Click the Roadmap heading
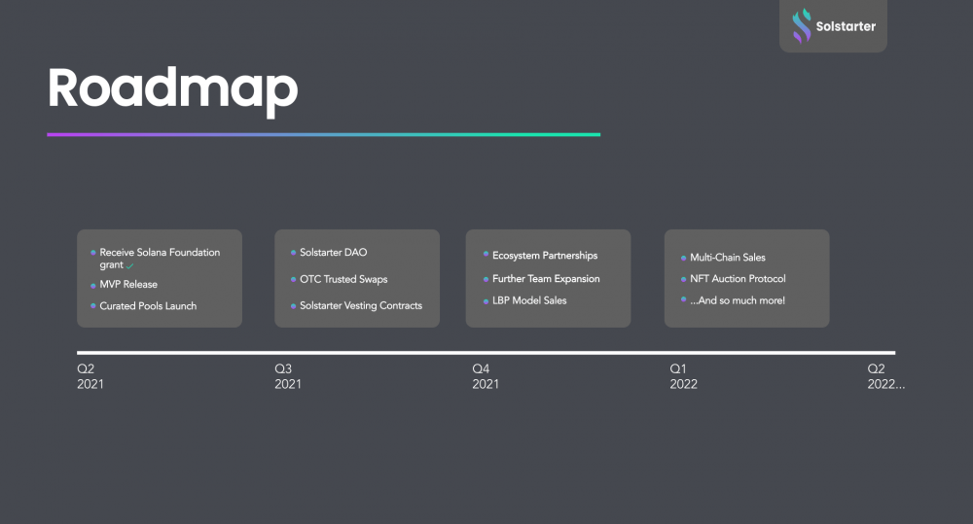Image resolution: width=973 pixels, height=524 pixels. (x=172, y=90)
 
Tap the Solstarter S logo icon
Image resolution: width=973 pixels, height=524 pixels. (x=801, y=26)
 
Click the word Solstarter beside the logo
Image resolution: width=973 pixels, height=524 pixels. (x=846, y=26)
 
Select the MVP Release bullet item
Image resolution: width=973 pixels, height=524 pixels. (x=128, y=285)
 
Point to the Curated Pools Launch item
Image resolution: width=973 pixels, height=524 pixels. (x=148, y=306)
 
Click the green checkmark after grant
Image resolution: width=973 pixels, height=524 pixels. (x=129, y=266)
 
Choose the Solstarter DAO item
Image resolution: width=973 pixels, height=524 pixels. (x=333, y=253)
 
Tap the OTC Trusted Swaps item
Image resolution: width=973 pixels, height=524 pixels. (x=343, y=280)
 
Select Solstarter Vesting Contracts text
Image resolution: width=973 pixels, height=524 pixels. (x=361, y=305)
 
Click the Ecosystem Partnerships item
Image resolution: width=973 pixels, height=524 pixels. (x=545, y=256)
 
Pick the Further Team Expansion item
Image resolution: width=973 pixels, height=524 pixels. (x=546, y=279)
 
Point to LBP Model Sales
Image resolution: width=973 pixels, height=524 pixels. (x=529, y=300)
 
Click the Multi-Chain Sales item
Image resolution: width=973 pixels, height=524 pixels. (x=727, y=258)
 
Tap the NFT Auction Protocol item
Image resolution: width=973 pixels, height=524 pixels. (x=738, y=279)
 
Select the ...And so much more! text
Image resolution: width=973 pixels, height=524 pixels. (x=738, y=300)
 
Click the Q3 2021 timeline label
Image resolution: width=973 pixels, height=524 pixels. (x=288, y=376)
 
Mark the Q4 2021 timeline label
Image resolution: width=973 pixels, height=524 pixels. (x=486, y=376)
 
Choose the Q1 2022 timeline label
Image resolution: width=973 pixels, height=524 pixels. (x=683, y=376)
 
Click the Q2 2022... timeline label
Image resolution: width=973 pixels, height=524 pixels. (x=885, y=376)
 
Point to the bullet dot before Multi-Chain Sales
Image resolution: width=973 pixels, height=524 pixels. (x=683, y=258)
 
